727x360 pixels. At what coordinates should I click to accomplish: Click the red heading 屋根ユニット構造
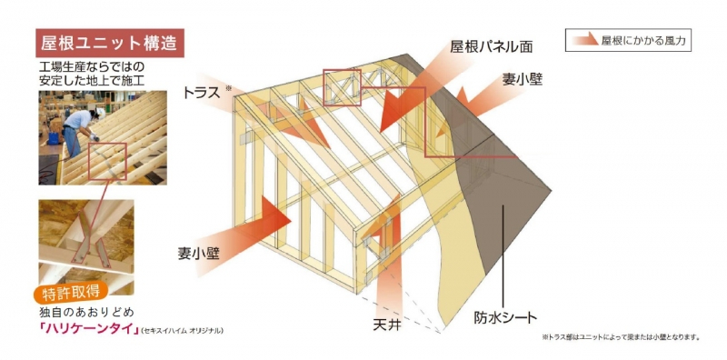coord(110,43)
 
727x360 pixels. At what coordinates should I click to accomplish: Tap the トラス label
coord(201,93)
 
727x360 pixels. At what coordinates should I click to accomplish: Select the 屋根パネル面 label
coord(491,47)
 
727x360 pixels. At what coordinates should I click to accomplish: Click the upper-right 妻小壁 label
coord(523,79)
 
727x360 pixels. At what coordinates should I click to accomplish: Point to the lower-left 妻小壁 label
coord(199,254)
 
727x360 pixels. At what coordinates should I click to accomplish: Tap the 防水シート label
coord(505,318)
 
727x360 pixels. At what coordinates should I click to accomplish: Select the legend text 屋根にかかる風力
coord(642,41)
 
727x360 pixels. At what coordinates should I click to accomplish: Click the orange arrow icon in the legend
coord(585,40)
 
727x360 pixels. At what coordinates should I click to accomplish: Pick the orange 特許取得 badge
coord(71,292)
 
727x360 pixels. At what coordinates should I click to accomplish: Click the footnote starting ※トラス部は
coord(620,337)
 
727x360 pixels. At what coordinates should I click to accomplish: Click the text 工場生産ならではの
coord(91,67)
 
